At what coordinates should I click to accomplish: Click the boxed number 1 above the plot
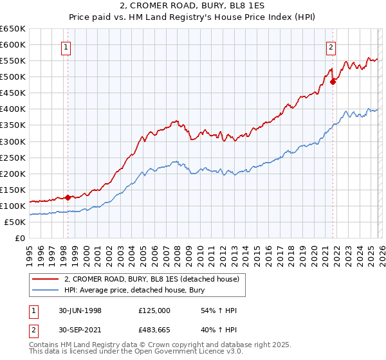(67, 47)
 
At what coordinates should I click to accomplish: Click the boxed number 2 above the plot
(331, 47)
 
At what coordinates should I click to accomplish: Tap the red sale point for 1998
(68, 197)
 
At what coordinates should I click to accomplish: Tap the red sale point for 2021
(333, 82)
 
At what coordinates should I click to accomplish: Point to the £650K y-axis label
(13, 29)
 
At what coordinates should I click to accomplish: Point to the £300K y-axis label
(13, 141)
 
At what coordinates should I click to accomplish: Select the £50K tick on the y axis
(15, 222)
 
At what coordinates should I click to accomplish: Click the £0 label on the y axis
(19, 238)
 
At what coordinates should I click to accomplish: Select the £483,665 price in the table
(154, 331)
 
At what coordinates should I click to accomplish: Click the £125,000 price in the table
(154, 310)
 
